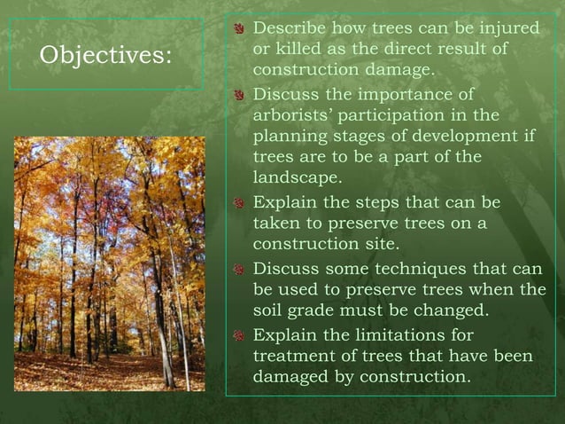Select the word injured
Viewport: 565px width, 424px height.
(x=506, y=29)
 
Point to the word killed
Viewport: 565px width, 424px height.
(x=299, y=49)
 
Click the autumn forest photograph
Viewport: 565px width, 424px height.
(x=110, y=263)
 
